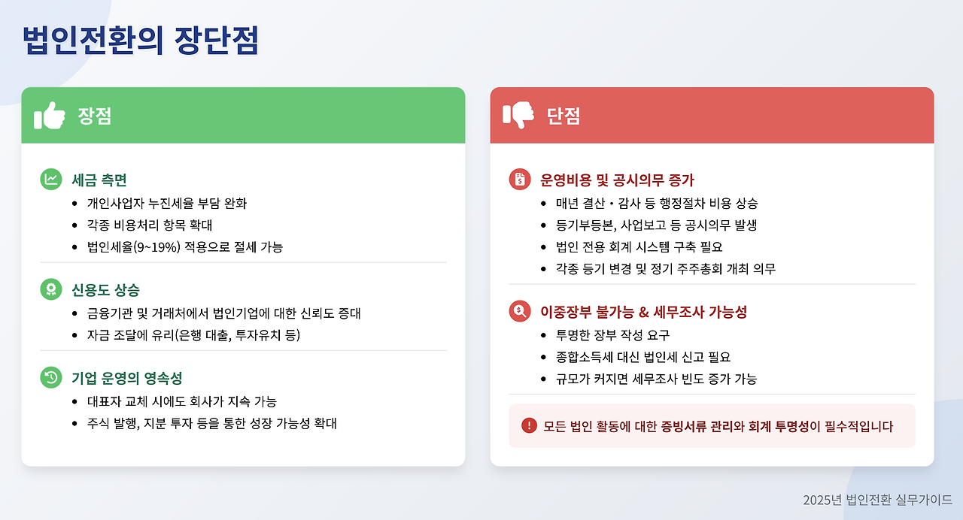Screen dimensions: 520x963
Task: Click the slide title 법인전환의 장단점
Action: [141, 41]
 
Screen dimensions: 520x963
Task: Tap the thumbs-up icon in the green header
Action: [50, 116]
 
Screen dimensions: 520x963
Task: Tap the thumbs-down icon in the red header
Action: [518, 116]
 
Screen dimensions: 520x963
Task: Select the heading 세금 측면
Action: [99, 180]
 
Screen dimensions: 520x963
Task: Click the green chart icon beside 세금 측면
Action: [50, 179]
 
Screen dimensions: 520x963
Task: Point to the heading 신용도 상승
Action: [105, 290]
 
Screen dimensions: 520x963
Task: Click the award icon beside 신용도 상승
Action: [50, 290]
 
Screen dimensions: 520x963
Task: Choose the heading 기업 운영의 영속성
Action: [126, 378]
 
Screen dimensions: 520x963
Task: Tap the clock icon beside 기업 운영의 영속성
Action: [50, 378]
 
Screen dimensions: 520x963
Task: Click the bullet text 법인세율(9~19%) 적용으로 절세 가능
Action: [185, 246]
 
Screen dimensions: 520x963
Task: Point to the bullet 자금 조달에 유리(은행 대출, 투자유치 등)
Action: [193, 334]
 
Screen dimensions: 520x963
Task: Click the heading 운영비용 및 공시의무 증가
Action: [617, 180]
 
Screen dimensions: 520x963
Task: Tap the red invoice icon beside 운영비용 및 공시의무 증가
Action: [519, 179]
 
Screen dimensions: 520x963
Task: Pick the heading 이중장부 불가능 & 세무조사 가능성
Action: [643, 312]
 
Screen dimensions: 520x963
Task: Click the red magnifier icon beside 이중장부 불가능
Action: [519, 311]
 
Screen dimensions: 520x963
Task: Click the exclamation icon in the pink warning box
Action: [529, 426]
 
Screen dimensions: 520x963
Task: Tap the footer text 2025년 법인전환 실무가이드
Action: [877, 500]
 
